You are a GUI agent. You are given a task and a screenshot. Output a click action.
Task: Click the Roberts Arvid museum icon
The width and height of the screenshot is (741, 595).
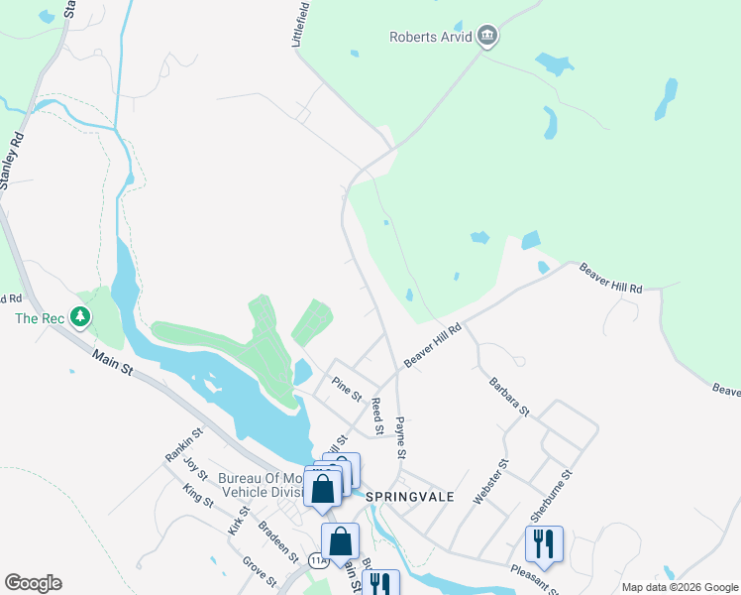[486, 38]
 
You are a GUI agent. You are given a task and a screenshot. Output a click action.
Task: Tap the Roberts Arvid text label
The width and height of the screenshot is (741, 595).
[430, 38]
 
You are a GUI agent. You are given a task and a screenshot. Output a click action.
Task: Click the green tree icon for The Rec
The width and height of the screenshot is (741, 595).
[80, 318]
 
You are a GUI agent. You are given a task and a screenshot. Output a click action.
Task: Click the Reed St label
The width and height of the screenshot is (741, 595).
[376, 416]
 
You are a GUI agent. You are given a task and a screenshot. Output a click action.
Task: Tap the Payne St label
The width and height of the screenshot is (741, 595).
[401, 438]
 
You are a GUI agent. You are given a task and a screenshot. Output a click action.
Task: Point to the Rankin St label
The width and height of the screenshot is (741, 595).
[184, 443]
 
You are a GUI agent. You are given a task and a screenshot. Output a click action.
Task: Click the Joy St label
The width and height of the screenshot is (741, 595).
[193, 470]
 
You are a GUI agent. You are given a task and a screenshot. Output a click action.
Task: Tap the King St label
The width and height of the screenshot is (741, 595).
[198, 495]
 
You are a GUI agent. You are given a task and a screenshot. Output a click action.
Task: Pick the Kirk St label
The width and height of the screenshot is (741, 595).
[239, 519]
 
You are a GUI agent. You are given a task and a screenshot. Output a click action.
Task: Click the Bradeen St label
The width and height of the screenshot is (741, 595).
[277, 539]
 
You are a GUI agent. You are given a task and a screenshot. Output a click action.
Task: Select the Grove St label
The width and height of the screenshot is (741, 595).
[259, 571]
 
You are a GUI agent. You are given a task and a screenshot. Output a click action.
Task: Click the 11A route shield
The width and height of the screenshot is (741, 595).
[318, 560]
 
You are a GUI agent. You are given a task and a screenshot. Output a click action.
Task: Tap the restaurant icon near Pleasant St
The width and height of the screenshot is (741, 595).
[544, 543]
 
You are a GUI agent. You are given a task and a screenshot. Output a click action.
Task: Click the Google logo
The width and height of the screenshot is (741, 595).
[33, 583]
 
